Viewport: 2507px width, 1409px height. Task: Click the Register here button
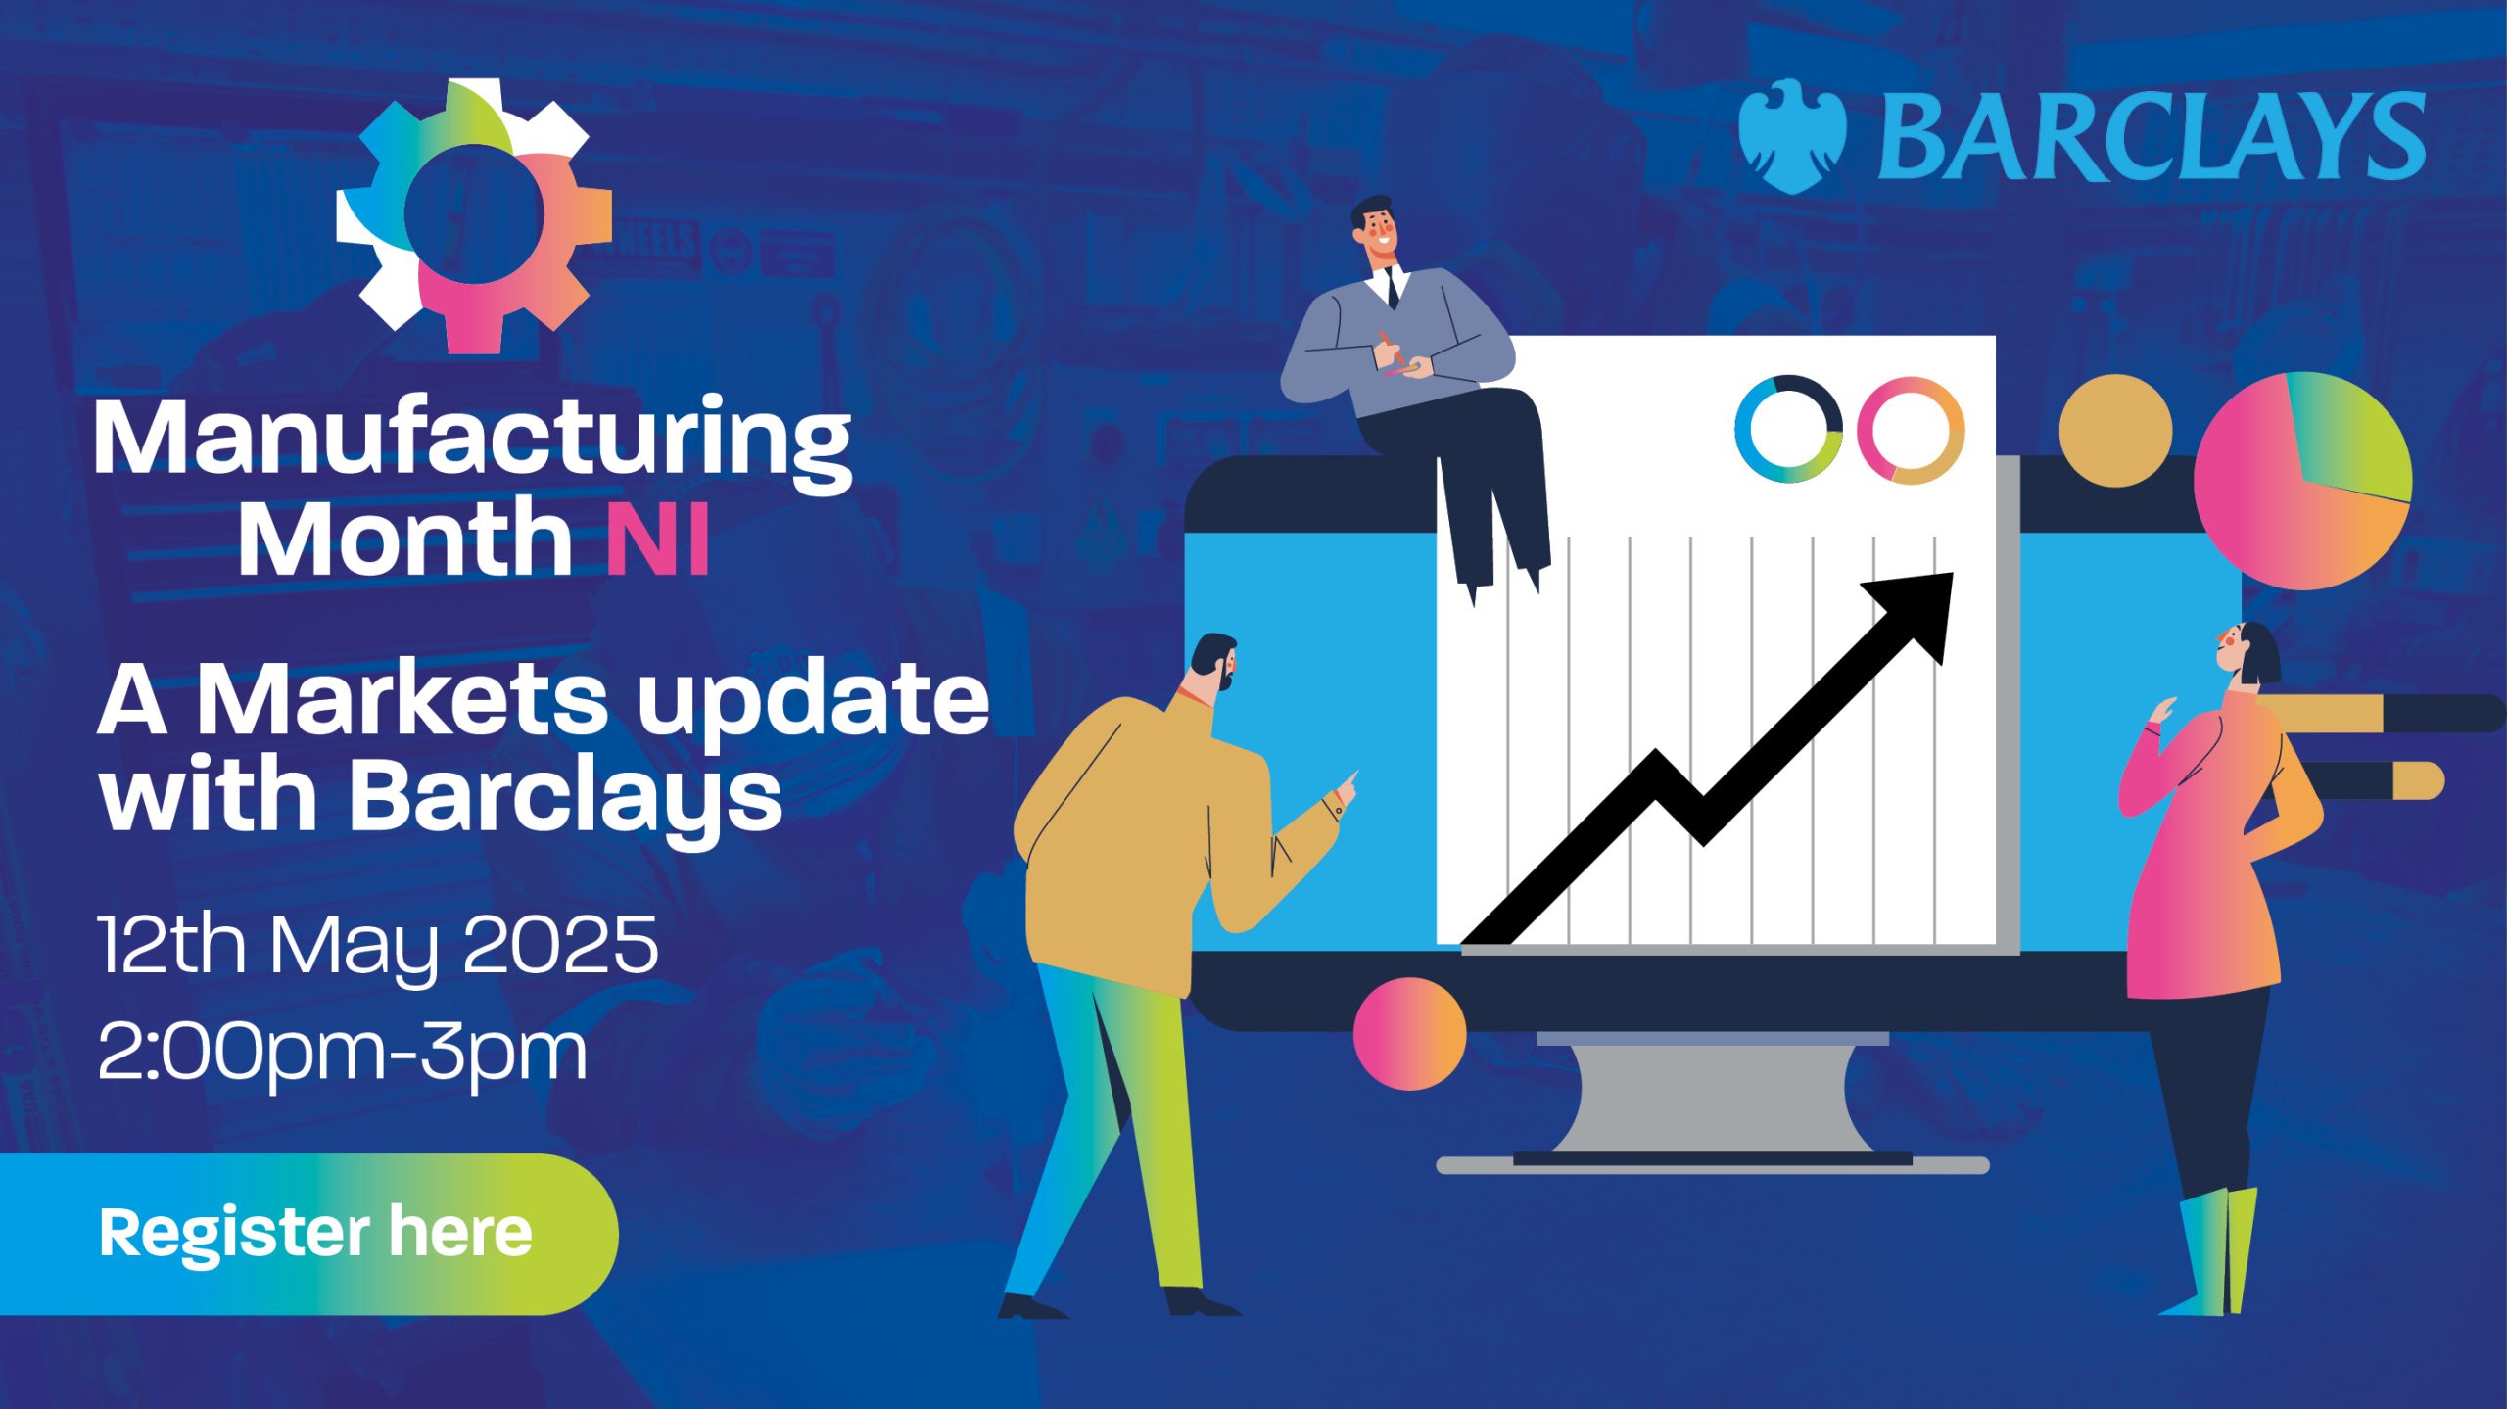308,1234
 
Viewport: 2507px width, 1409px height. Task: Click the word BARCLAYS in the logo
2152,136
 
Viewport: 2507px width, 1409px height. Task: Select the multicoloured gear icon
474,216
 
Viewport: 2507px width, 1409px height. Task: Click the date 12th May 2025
378,946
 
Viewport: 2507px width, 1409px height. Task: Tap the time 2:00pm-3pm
343,1054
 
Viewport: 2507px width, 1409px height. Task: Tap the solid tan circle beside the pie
2115,431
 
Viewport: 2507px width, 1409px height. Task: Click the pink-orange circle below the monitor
1409,1034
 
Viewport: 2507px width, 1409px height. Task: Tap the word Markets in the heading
402,699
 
